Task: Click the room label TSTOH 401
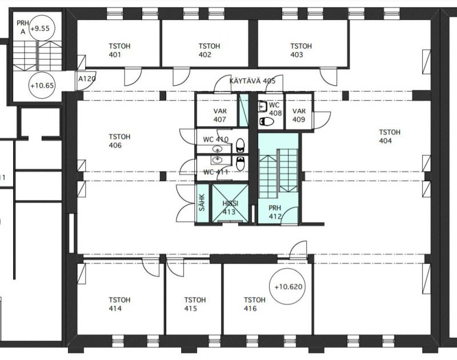tap(119, 50)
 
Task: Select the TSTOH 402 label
tap(209, 50)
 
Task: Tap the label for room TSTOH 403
tap(301, 50)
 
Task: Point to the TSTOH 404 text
tap(390, 137)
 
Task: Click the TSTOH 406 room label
tap(119, 141)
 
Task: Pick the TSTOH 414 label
tap(119, 304)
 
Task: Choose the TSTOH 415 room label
tap(195, 304)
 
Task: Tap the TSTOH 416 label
tap(255, 304)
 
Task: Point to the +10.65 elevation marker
tap(42, 85)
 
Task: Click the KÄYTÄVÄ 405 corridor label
tap(252, 81)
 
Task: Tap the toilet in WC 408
tap(266, 121)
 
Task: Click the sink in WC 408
tap(263, 106)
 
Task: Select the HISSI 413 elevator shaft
tap(230, 203)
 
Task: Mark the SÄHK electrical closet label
tap(202, 203)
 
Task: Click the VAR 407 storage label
tap(220, 115)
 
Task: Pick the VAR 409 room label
tap(299, 115)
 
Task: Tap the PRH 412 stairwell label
tap(275, 212)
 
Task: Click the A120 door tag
tap(87, 78)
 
